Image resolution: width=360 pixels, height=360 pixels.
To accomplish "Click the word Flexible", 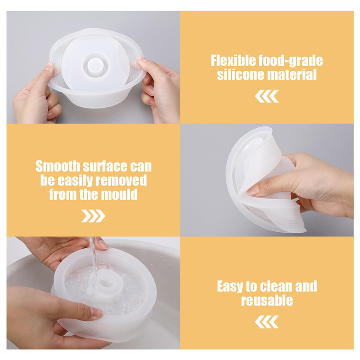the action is [x=233, y=61].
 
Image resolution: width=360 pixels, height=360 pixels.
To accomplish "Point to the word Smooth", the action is [x=58, y=166].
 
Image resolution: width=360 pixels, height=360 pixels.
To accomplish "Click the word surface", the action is [x=105, y=166].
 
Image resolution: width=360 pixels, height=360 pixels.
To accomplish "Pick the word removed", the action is [x=121, y=180].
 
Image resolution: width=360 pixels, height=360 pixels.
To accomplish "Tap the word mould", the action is [x=119, y=194].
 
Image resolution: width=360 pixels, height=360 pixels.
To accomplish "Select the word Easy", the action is [x=230, y=287].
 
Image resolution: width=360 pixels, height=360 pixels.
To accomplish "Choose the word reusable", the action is [x=267, y=300].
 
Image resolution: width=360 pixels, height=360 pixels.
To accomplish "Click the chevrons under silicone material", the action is [x=267, y=96].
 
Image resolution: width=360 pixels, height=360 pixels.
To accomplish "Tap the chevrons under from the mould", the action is [x=93, y=216].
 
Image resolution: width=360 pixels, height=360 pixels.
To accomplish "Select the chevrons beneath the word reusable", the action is [x=267, y=322].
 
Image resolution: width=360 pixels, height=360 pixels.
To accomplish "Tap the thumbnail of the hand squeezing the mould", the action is [x=253, y=191].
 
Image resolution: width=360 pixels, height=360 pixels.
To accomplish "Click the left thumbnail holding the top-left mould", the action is [x=49, y=67].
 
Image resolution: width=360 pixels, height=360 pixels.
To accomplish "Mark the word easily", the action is [x=76, y=181].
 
